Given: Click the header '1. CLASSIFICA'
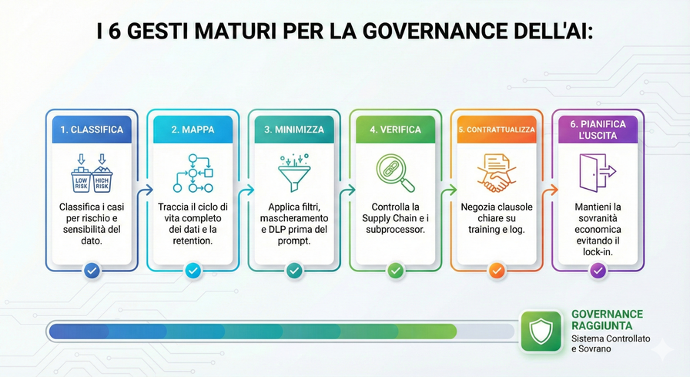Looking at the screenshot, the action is [x=92, y=130].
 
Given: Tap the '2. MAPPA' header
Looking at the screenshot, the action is [x=193, y=130].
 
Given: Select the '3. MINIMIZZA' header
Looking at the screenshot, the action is [x=294, y=130].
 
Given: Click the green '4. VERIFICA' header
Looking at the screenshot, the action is [x=395, y=130].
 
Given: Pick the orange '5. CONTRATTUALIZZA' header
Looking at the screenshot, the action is [x=497, y=130].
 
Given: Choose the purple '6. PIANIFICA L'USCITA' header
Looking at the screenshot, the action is [x=598, y=130].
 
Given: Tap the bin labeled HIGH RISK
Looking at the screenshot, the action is [x=102, y=178].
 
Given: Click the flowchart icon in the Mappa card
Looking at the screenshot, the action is [x=193, y=173].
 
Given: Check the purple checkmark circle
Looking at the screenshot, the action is [x=598, y=271].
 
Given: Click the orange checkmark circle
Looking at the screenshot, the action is [x=497, y=271].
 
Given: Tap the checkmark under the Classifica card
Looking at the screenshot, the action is [x=92, y=271].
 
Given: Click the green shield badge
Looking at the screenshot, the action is [x=541, y=332].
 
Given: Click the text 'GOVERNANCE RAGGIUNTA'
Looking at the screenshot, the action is [x=607, y=320].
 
